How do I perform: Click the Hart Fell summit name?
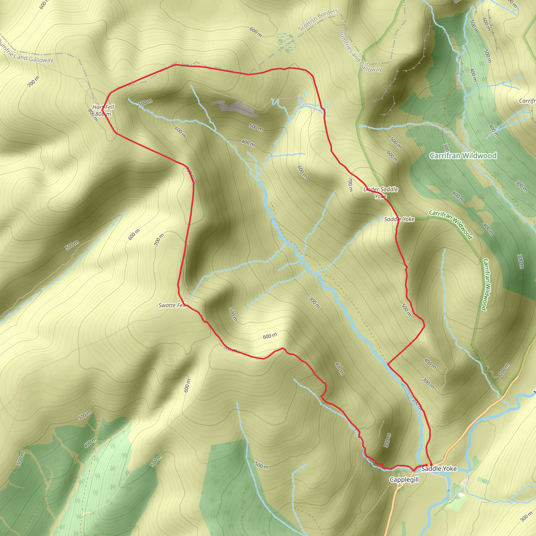click(x=103, y=107)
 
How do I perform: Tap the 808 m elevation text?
click(x=103, y=114)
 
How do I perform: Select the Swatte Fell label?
click(x=172, y=305)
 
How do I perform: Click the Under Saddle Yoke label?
click(x=381, y=193)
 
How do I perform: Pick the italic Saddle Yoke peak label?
click(x=399, y=219)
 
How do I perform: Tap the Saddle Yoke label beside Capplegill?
click(x=439, y=468)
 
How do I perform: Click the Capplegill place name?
click(x=404, y=479)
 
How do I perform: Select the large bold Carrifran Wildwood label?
click(x=463, y=156)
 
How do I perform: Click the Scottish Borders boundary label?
click(x=318, y=20)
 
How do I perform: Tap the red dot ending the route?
click(x=431, y=465)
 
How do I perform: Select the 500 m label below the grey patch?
click(x=256, y=127)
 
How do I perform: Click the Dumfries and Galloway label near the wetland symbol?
click(x=360, y=51)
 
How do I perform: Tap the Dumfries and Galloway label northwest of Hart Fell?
click(x=26, y=52)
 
